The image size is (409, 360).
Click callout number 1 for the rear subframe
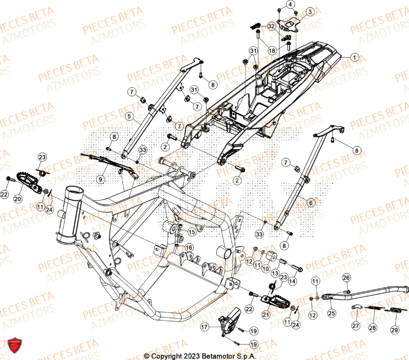[354, 58]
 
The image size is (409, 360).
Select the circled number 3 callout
[310, 12]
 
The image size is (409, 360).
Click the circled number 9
[100, 178]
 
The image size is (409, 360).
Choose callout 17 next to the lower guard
[205, 327]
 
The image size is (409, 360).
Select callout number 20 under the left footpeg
[18, 198]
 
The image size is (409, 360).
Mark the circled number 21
[265, 314]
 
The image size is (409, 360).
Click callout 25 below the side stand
[331, 313]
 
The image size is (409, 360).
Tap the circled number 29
[394, 329]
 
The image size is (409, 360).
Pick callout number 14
[292, 281]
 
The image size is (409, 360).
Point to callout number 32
[271, 26]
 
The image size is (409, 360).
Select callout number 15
[192, 232]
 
